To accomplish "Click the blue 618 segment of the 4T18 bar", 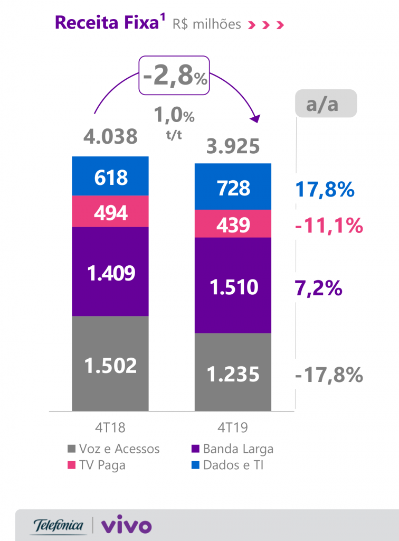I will [111, 176].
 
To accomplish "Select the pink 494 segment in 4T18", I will [111, 212].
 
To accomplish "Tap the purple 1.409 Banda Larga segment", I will [111, 272].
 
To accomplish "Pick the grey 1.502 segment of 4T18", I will [111, 364].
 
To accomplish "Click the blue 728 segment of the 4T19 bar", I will [233, 187].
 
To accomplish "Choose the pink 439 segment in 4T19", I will [233, 224].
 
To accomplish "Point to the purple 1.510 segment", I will [233, 286].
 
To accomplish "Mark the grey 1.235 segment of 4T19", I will [233, 372].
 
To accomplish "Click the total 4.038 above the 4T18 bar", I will [111, 137].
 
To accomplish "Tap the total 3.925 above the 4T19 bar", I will [233, 145].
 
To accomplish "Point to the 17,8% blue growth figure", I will [325, 189].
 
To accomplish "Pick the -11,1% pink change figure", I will [329, 226].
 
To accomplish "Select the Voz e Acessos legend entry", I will [113, 449].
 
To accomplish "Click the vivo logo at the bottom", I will [126, 526].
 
